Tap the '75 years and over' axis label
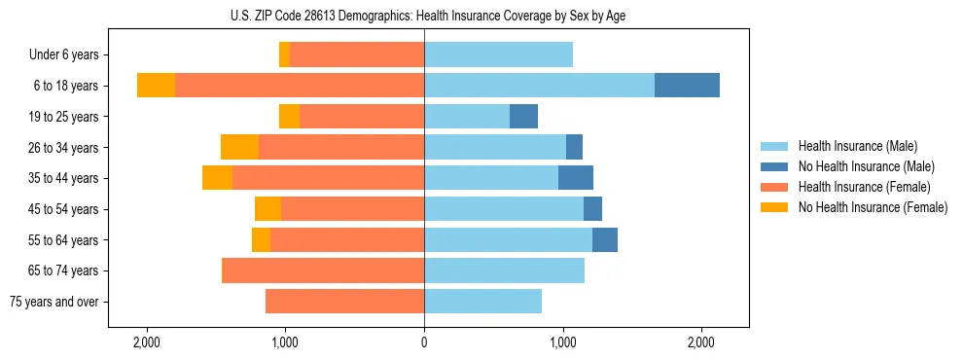point(54,302)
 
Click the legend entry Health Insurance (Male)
point(857,146)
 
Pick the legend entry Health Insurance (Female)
point(864,187)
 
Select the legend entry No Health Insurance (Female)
point(873,207)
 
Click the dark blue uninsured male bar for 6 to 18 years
point(687,86)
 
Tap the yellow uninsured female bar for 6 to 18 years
point(156,86)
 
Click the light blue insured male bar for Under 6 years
point(498,55)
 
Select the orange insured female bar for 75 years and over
point(344,302)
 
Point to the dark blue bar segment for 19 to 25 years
point(523,117)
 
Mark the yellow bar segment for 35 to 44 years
point(217,178)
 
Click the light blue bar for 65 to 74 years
point(504,270)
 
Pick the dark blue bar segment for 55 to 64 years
point(604,239)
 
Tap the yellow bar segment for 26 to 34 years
point(239,147)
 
